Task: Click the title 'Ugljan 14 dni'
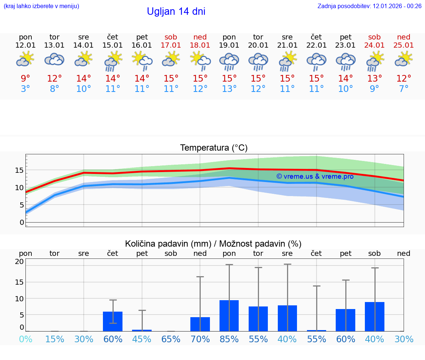coord(176,11)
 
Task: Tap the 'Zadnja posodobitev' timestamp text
coord(369,6)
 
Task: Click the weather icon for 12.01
coord(25,59)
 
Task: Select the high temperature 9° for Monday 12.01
coord(25,79)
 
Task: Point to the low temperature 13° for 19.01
coord(229,89)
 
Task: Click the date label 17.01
coord(171,45)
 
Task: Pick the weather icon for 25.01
coord(404,59)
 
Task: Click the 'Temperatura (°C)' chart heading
coord(214,148)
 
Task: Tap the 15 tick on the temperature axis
coord(19,170)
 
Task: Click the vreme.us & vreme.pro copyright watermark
coord(315,176)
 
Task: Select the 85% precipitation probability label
coord(229,339)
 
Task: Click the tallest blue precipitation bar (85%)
coord(229,316)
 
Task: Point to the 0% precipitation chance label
coord(25,339)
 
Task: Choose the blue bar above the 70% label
coord(200,324)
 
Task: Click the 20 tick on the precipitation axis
coord(19,262)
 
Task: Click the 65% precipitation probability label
coord(171,339)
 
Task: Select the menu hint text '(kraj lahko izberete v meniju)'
coord(41,6)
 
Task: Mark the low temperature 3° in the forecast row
coord(25,89)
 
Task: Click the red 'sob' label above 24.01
coord(374,37)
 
